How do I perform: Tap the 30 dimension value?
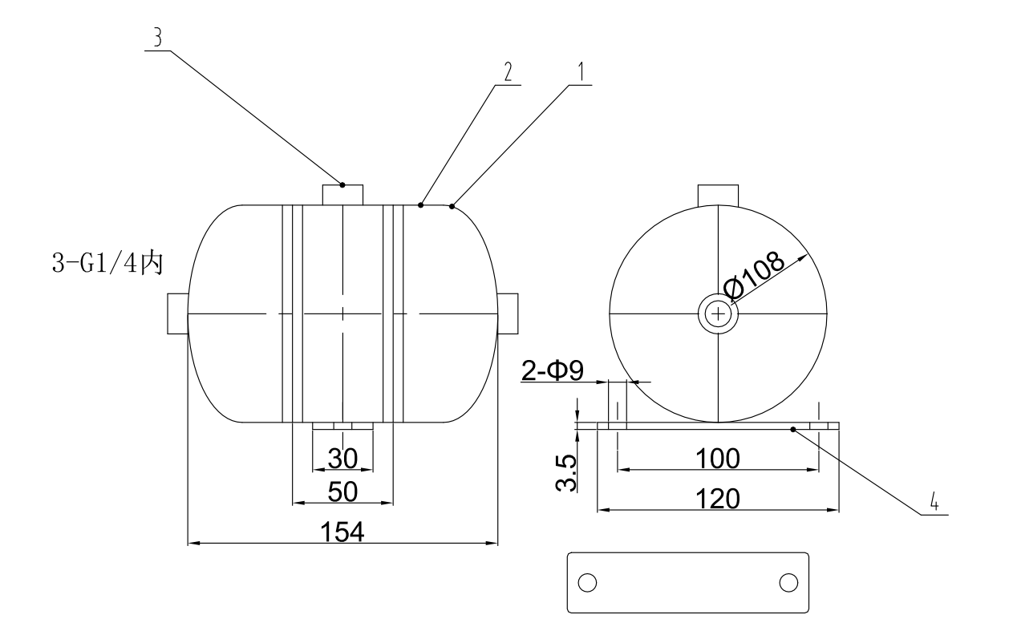[342, 458]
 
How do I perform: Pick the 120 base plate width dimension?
[717, 498]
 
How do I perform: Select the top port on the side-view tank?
[342, 194]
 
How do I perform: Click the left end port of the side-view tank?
[177, 313]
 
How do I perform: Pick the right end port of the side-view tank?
[509, 313]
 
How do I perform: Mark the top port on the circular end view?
[718, 194]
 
